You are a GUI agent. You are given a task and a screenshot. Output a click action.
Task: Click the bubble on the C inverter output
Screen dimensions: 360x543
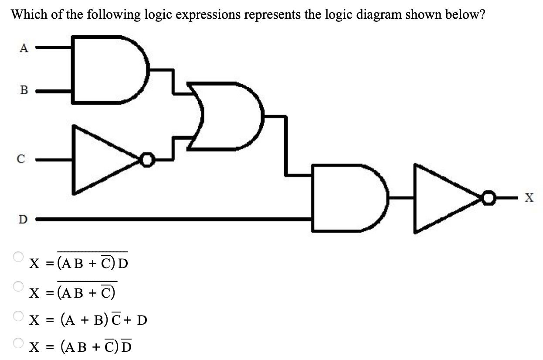tap(148, 160)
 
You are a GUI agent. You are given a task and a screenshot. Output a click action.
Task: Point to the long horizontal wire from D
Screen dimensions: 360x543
tap(174, 218)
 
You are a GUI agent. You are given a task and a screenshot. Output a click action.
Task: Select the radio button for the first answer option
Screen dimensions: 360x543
tap(18, 257)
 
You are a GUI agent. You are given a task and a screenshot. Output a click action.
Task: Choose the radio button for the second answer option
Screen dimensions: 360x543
tap(18, 286)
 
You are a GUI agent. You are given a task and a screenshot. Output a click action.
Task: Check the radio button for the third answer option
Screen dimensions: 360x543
tap(18, 315)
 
